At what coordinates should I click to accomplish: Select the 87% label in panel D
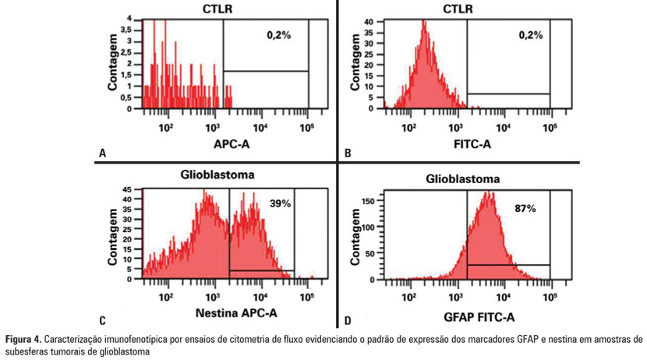pos(525,209)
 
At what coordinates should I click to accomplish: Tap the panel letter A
pos(101,154)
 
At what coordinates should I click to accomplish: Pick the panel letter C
pos(102,319)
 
